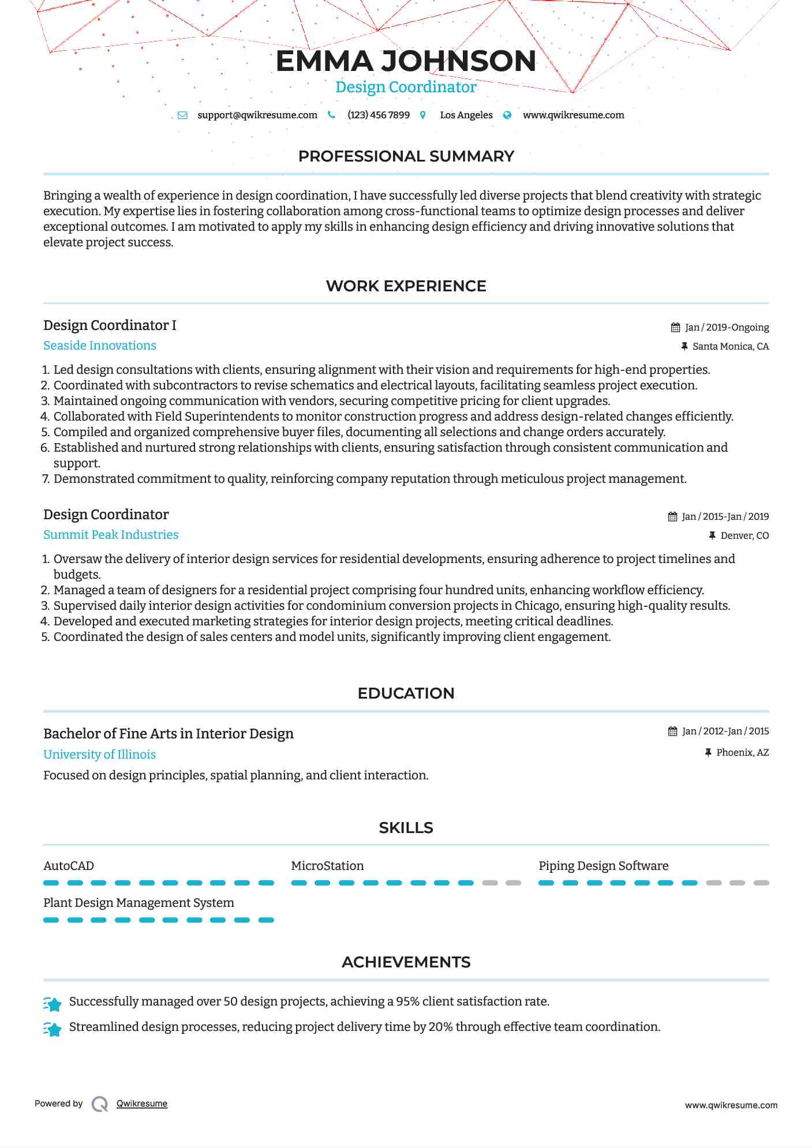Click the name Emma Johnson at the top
coord(406,61)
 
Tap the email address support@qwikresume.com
coord(257,115)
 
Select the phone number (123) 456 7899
coord(378,115)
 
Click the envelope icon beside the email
coord(182,115)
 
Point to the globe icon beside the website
coord(507,115)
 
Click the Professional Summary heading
coord(406,156)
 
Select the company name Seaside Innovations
coord(100,346)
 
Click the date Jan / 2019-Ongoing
coord(727,328)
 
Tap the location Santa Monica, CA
coord(730,347)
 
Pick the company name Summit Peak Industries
coord(111,535)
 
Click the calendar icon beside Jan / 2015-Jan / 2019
coord(672,517)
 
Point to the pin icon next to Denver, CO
coord(712,536)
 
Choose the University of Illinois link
coord(99,755)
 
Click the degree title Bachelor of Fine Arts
coord(168,734)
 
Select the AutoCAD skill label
coord(69,866)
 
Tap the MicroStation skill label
coord(327,866)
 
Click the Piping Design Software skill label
coord(603,866)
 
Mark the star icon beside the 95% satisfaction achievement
coord(53,1004)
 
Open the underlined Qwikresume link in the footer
coord(142,1104)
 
